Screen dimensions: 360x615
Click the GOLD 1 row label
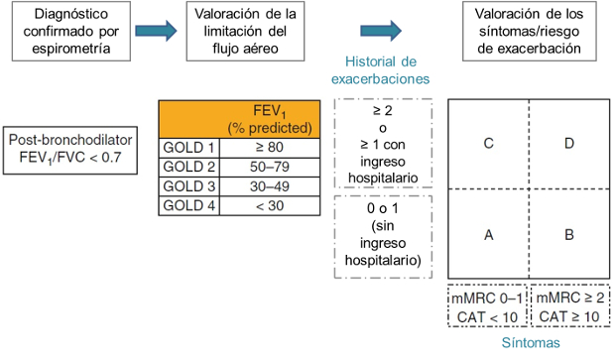[x=188, y=146]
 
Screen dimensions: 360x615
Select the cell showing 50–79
[x=269, y=166]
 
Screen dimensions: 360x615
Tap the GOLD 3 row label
[x=188, y=185]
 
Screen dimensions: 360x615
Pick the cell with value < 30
[x=269, y=205]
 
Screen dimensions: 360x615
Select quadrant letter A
[x=488, y=235]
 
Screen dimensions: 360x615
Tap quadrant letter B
[x=568, y=235]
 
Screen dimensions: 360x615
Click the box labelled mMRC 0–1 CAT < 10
[x=487, y=307]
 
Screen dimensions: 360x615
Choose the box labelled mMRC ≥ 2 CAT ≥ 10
[x=569, y=307]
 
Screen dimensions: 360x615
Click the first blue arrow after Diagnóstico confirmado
[x=154, y=34]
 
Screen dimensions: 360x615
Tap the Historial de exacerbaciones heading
[x=384, y=68]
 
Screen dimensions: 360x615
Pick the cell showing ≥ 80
[x=269, y=146]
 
